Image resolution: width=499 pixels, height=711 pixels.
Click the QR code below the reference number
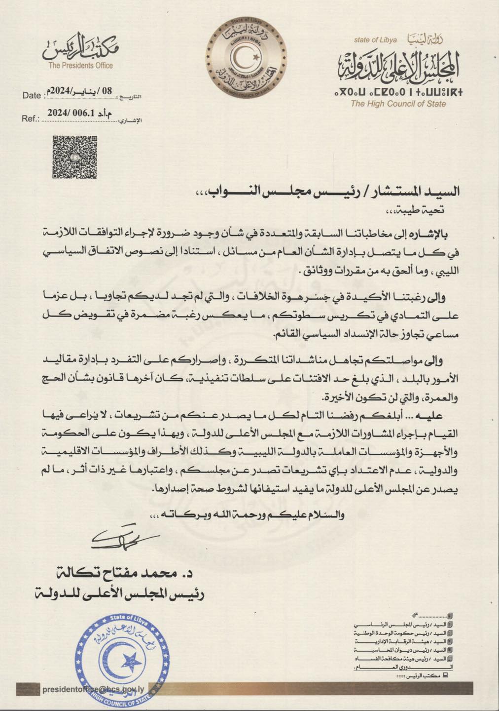click(x=74, y=157)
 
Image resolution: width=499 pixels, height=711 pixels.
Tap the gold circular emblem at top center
click(x=246, y=55)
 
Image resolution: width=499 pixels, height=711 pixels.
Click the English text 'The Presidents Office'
click(x=80, y=66)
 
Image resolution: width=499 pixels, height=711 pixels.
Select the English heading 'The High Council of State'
click(x=398, y=104)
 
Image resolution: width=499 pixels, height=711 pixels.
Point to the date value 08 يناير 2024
click(x=79, y=90)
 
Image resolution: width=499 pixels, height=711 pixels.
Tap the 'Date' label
click(x=32, y=96)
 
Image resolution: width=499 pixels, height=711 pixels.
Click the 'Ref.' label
click(x=30, y=119)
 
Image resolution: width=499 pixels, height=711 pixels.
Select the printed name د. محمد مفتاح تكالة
click(x=134, y=574)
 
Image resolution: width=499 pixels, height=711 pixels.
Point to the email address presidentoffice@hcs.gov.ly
click(x=93, y=690)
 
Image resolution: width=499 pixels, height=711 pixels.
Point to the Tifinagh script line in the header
click(x=398, y=91)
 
